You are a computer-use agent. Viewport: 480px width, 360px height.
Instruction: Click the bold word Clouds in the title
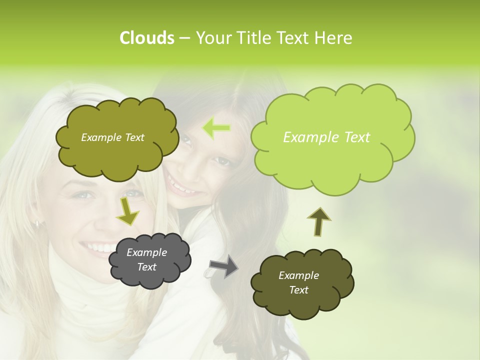point(146,38)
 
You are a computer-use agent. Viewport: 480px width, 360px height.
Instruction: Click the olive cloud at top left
point(117,138)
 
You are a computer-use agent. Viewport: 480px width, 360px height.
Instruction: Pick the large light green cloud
point(332,134)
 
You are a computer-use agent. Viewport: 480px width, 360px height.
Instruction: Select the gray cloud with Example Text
point(149,260)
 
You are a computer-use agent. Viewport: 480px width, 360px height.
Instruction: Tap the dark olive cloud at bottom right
point(302,283)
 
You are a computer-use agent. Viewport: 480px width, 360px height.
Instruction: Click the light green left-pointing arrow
point(216,128)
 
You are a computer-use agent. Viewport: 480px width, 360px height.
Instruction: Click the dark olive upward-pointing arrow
point(318,220)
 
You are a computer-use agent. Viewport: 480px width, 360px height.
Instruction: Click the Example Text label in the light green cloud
point(326,137)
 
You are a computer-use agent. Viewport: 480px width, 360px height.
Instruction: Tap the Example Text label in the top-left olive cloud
point(112,137)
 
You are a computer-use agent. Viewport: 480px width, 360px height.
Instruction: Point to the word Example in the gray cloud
point(146,252)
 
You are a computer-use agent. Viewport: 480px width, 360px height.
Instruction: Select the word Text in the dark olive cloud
point(299,290)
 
